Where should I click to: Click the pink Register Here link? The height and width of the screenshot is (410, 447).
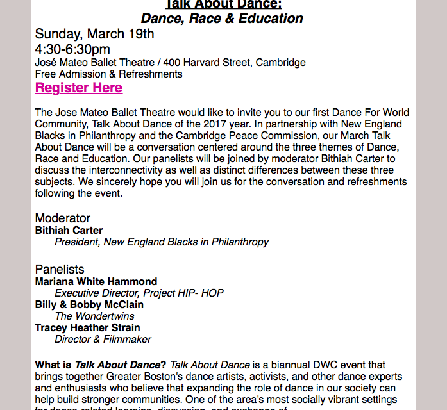(78, 88)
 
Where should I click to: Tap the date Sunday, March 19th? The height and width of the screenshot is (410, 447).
(94, 34)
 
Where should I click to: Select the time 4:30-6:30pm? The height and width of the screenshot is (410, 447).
(72, 49)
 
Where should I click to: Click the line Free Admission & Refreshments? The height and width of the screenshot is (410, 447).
(108, 74)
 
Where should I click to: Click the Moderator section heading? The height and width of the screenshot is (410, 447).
(63, 218)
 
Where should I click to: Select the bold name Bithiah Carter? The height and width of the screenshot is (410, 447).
(69, 231)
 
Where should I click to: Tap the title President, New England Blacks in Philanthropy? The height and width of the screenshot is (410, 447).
(162, 242)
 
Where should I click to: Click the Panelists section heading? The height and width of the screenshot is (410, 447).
(60, 270)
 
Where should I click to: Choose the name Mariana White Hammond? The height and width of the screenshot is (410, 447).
(96, 282)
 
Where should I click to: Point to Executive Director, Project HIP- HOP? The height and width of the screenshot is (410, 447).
(139, 293)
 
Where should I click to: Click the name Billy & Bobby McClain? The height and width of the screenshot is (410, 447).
(89, 305)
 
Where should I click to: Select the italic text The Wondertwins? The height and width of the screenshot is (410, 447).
(94, 316)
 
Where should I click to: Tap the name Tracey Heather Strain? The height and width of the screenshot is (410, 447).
(87, 328)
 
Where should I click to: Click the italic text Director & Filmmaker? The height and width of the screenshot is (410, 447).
(103, 340)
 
